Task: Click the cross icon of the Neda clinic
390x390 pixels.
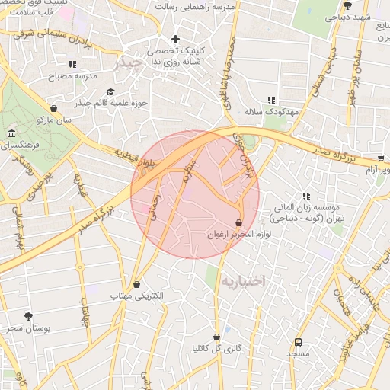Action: tap(176, 39)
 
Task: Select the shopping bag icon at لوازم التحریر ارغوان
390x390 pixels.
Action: tap(240, 223)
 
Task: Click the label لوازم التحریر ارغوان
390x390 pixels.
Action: tap(240, 235)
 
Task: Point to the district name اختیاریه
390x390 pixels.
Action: tap(242, 281)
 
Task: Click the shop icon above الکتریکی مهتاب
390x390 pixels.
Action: tap(136, 283)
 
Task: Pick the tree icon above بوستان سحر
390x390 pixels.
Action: tap(29, 315)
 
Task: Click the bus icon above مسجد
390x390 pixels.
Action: tap(298, 342)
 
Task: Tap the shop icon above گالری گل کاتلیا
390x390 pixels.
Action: tap(217, 337)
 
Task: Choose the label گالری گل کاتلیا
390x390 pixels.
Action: tap(217, 349)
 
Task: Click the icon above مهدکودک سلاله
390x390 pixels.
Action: tap(271, 100)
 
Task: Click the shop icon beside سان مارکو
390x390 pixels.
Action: tap(53, 108)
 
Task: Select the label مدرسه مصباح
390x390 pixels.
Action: tap(73, 77)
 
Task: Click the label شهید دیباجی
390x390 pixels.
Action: tap(354, 17)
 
